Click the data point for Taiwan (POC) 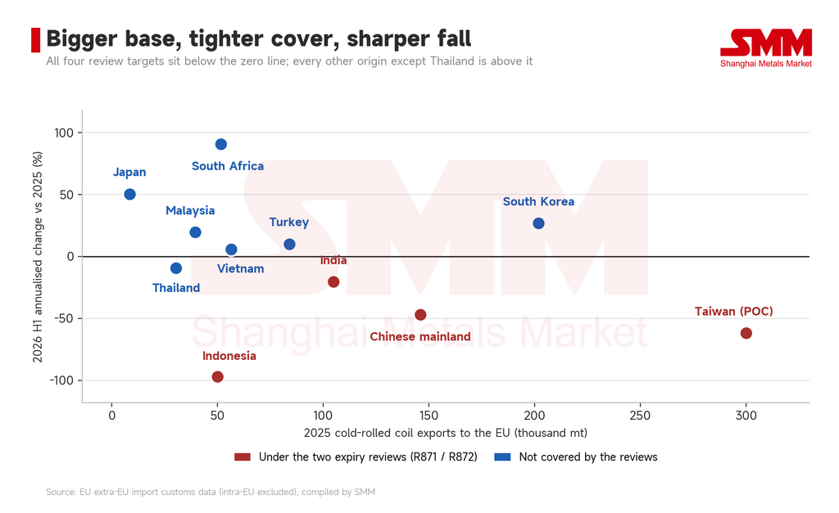click(746, 334)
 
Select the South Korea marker click(539, 223)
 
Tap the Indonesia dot click(217, 377)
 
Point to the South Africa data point click(221, 144)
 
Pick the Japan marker click(129, 195)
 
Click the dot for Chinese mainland click(420, 315)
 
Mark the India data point click(333, 282)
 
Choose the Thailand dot click(176, 268)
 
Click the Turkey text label click(289, 223)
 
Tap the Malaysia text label click(190, 210)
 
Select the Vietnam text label click(240, 269)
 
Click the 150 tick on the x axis click(429, 416)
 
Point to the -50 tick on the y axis click(64, 318)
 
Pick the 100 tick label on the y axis click(64, 133)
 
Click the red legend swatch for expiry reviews click(243, 457)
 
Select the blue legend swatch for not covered click(502, 457)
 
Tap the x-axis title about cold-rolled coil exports click(446, 433)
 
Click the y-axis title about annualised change click(38, 257)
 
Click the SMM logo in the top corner click(766, 48)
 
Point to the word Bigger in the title click(82, 39)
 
